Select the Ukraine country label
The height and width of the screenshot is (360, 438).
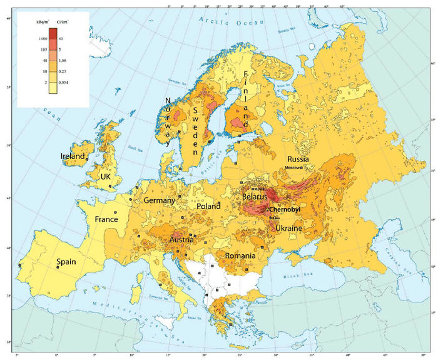coord(289,229)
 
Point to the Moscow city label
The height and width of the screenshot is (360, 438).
coord(293,168)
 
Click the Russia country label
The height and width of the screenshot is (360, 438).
coord(298,160)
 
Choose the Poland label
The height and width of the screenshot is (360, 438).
coord(208,206)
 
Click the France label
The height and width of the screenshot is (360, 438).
coord(106,220)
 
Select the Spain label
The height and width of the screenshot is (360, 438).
coord(67,262)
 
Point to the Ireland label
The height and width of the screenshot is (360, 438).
coord(73,156)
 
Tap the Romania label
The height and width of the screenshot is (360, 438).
coord(240,256)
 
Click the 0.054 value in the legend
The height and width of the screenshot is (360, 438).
coord(63,82)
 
